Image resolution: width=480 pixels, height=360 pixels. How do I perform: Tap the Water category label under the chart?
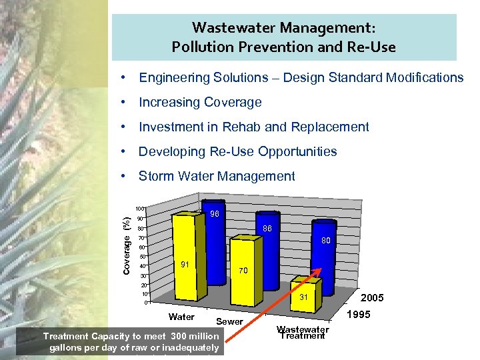(181, 317)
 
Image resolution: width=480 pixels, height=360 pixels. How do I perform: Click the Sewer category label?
(230, 322)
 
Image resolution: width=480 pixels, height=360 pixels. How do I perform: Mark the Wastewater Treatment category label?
(303, 332)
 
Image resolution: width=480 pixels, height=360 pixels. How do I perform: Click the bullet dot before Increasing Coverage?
(124, 103)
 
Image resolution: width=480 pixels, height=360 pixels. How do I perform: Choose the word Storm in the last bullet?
(155, 176)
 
